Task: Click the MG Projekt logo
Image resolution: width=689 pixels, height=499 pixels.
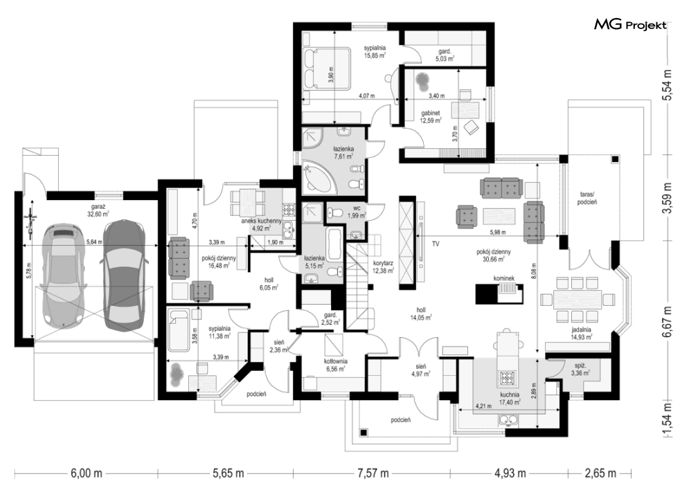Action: tap(630, 24)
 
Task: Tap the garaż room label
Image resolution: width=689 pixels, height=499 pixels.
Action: tap(98, 206)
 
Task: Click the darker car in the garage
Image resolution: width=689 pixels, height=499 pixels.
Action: tap(123, 275)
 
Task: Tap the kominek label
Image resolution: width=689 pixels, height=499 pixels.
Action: tap(503, 278)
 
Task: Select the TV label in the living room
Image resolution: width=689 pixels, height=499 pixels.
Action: tap(436, 244)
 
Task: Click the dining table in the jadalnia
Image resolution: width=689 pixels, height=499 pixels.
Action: tap(578, 300)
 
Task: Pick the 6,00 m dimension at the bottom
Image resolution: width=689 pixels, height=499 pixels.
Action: tap(87, 473)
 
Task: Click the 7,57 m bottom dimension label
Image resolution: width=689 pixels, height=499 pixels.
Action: tap(373, 473)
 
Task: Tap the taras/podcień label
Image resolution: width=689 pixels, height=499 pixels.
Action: tap(587, 198)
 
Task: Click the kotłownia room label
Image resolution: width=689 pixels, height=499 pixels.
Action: tap(336, 361)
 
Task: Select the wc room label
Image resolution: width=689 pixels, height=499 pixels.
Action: tap(357, 208)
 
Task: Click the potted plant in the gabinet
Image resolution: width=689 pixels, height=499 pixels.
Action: tap(422, 80)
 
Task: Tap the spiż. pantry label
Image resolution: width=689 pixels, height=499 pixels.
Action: tap(580, 366)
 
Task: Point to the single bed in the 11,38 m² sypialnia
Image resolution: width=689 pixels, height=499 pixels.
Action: tap(179, 331)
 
